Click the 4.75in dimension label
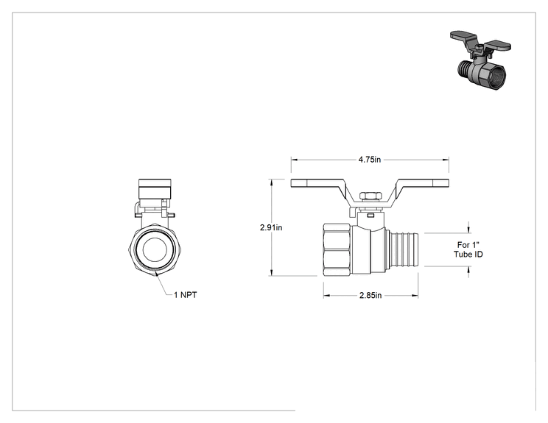click(x=370, y=160)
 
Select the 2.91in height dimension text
click(x=271, y=227)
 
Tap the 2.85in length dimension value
click(x=370, y=295)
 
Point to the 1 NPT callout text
click(x=185, y=295)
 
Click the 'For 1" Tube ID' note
click(x=468, y=249)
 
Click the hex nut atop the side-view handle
click(x=370, y=196)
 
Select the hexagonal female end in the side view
click(x=337, y=249)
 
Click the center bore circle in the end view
click(x=154, y=249)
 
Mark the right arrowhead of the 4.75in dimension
click(x=446, y=160)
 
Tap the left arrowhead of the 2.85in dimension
click(x=326, y=296)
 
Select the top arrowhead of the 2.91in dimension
click(x=271, y=182)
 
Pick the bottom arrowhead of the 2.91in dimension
click(x=271, y=273)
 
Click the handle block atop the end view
click(x=155, y=189)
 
